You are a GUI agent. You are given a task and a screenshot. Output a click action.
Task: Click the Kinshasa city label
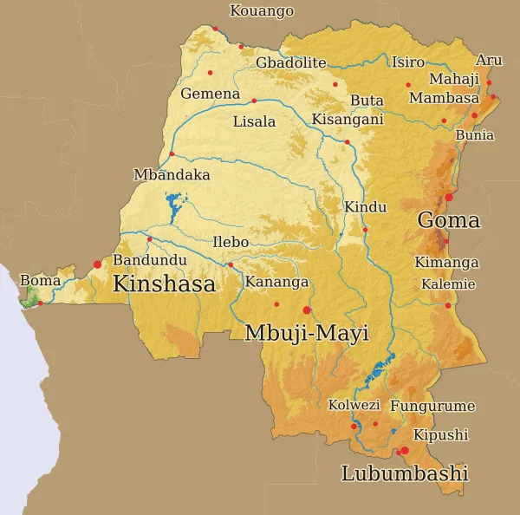click(x=164, y=283)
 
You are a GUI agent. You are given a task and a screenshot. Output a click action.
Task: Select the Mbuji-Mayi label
click(x=307, y=333)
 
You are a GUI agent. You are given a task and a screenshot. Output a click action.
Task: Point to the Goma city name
click(x=448, y=220)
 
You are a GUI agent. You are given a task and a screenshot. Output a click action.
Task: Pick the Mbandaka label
click(x=172, y=174)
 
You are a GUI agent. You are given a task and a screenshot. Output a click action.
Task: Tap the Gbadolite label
click(x=290, y=62)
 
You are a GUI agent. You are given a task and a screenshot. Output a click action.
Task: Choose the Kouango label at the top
click(x=261, y=11)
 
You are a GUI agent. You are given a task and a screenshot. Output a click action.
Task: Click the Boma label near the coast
click(x=40, y=280)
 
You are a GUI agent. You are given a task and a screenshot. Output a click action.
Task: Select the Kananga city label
click(x=276, y=282)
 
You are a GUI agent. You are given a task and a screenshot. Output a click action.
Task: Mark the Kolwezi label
click(x=354, y=405)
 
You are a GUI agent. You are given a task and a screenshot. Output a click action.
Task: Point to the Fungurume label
click(x=432, y=406)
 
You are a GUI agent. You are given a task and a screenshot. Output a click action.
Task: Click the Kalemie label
click(x=448, y=284)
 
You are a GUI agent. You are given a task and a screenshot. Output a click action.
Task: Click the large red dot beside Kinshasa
click(x=97, y=264)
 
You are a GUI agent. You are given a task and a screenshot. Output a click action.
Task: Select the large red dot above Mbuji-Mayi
click(x=306, y=310)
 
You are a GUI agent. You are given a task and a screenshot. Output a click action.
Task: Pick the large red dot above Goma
click(x=448, y=197)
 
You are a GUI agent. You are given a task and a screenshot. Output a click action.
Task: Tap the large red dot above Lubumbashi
click(x=404, y=450)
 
